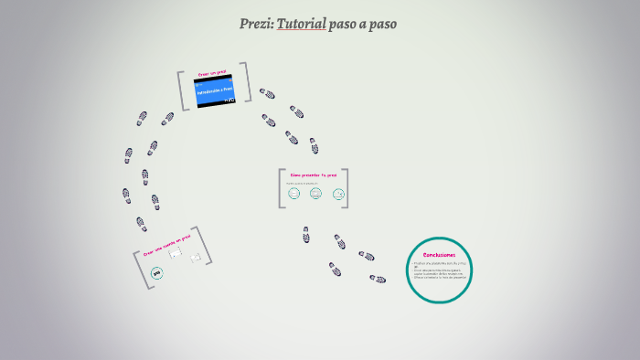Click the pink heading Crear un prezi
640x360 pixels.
pos(212,72)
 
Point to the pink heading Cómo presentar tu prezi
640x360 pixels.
pos(313,175)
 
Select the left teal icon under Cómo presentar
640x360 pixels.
pos(293,193)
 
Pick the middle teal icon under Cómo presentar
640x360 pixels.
pos(315,193)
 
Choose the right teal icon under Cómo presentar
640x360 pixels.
pos(338,193)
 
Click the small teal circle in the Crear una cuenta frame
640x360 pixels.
pos(156,272)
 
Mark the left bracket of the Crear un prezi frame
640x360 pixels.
pos(183,91)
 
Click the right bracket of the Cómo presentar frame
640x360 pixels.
pos(345,188)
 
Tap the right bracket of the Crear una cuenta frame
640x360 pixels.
pos(207,247)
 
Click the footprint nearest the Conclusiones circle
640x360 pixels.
pos(378,278)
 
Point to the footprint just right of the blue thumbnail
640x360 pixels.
pos(266,93)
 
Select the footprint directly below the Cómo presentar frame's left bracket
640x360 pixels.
pos(306,235)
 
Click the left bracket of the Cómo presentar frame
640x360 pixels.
pos(283,188)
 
